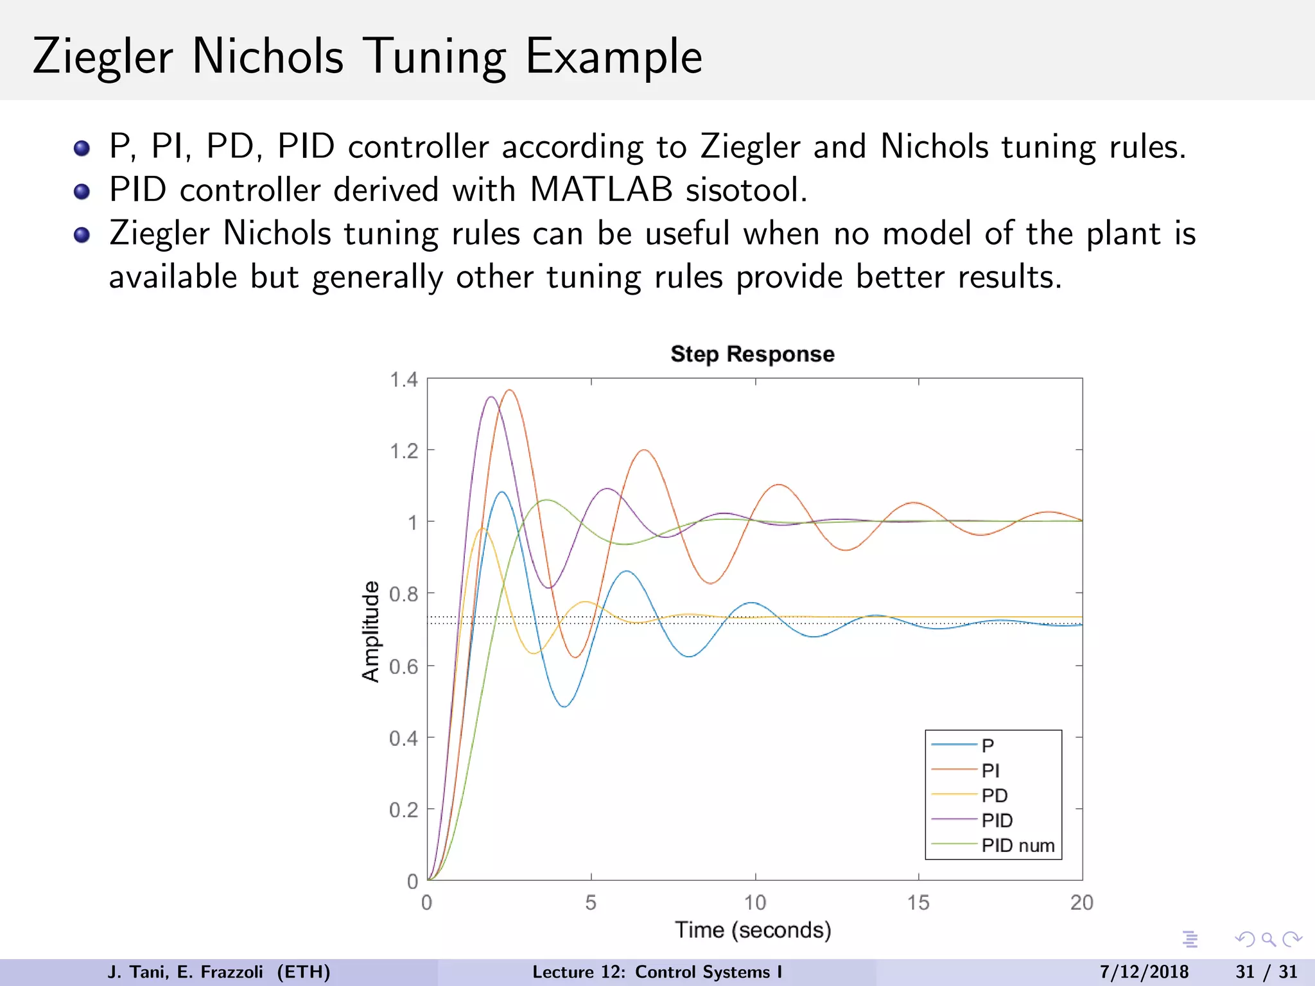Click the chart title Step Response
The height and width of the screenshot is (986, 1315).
[x=752, y=354]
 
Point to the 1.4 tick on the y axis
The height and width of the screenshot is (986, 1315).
[x=404, y=380]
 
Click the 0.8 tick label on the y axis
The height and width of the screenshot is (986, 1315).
[x=404, y=594]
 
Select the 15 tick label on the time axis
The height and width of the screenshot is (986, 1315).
[x=918, y=903]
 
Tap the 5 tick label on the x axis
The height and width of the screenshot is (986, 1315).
[x=591, y=903]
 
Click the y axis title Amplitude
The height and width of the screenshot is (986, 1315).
[x=370, y=631]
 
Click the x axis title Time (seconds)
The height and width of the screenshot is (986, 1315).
[x=753, y=930]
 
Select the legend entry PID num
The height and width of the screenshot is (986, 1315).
[x=1018, y=845]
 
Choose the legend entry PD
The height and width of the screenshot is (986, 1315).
[x=994, y=795]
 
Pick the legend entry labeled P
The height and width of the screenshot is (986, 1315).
[x=988, y=745]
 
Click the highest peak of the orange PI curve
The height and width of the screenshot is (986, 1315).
[x=510, y=390]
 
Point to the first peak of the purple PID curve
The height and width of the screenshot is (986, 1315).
[x=491, y=397]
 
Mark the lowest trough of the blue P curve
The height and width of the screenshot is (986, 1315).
[x=564, y=707]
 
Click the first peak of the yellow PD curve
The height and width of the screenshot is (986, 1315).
[x=482, y=529]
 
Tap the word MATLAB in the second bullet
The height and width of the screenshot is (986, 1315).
[x=601, y=190]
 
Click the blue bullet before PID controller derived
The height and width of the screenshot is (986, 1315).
[x=82, y=191]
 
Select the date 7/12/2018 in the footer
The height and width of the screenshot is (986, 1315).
[x=1144, y=972]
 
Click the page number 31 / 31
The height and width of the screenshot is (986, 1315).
[x=1266, y=972]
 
